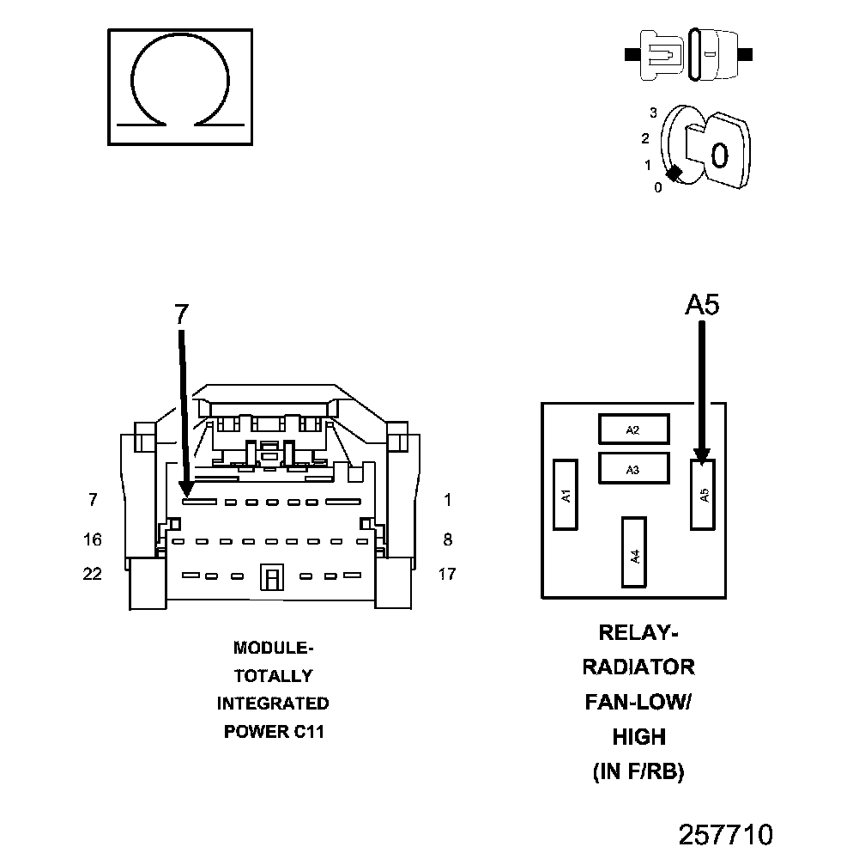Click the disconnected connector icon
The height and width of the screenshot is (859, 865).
tap(689, 54)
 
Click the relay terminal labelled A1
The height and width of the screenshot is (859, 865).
tap(565, 494)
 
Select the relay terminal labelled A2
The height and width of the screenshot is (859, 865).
tap(633, 430)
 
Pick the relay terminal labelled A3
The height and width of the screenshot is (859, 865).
tap(633, 469)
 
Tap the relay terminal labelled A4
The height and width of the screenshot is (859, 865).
tap(634, 552)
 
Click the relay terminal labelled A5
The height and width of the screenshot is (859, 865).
tap(703, 494)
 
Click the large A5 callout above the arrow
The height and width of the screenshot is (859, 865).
tap(702, 304)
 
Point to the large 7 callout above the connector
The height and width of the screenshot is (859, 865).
tap(180, 314)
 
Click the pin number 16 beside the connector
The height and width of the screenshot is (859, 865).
tap(92, 539)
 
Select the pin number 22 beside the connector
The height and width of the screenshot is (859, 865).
tap(92, 574)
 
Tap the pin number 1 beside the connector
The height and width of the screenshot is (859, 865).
tap(447, 500)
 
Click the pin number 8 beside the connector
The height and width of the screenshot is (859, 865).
tap(447, 539)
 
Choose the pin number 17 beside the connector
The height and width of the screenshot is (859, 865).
tap(447, 574)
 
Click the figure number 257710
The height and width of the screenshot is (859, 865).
tap(726, 834)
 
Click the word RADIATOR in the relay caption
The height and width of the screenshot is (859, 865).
tap(638, 667)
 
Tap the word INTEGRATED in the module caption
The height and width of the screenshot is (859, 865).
tap(273, 704)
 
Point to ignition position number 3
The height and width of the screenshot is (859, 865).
tap(653, 113)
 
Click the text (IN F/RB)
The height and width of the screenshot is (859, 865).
tap(638, 772)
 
